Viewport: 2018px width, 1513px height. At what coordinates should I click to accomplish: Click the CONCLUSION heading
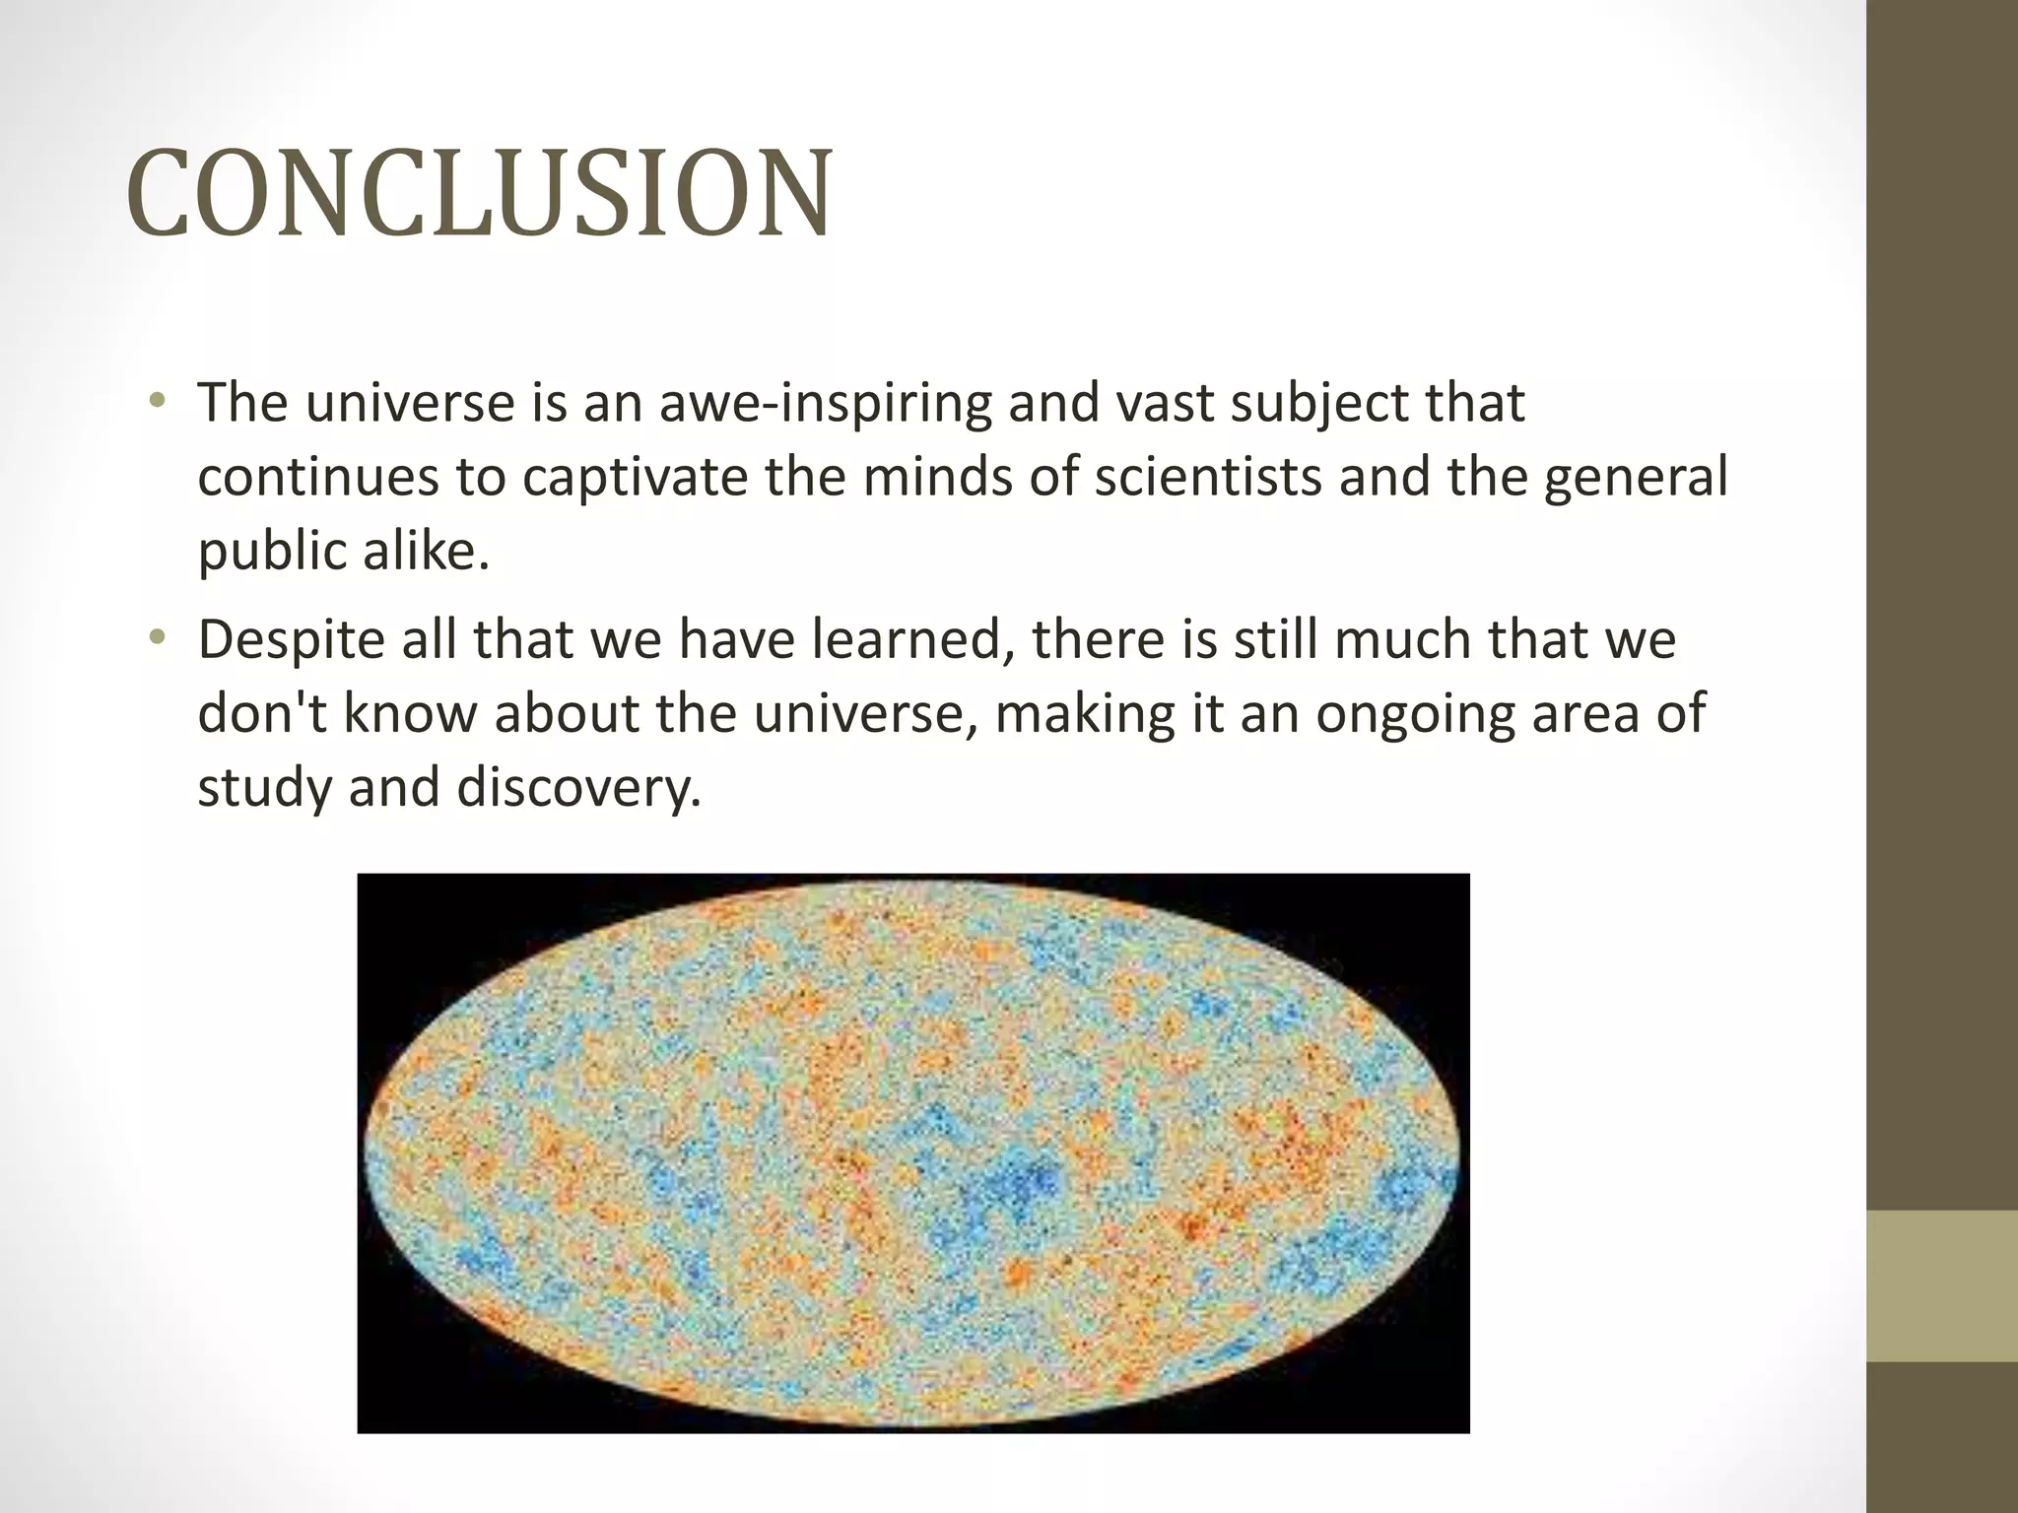pyautogui.click(x=479, y=192)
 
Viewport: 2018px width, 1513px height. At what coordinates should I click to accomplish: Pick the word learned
pyautogui.click(x=912, y=640)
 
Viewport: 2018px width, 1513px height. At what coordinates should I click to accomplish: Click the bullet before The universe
pyautogui.click(x=157, y=402)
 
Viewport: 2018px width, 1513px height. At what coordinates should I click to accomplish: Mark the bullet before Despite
pyautogui.click(x=157, y=639)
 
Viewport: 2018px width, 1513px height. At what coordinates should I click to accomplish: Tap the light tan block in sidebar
pyautogui.click(x=1942, y=1286)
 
